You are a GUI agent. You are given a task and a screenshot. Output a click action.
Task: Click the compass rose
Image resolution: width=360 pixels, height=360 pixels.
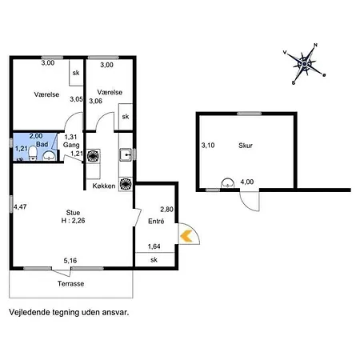tap(305, 63)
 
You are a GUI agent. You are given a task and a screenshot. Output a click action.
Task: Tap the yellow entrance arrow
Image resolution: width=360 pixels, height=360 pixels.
tap(186, 235)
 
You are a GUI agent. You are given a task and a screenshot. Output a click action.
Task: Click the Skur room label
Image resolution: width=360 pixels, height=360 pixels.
tap(245, 146)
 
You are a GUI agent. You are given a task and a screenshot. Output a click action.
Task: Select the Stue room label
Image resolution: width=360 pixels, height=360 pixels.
tap(73, 213)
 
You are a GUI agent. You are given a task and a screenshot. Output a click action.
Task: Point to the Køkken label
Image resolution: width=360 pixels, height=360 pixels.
tap(104, 186)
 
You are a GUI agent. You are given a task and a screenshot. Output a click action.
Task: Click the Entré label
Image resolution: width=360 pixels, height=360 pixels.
tap(156, 220)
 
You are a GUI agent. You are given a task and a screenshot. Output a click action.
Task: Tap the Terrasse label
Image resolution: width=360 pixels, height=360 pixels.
tap(71, 284)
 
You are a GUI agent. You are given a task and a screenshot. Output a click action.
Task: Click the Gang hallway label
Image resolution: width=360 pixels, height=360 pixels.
tap(72, 145)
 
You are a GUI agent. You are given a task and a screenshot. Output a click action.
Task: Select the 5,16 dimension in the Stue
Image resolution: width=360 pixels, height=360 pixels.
tap(71, 260)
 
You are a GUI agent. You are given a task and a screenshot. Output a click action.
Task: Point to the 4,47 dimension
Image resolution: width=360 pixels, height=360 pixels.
tap(19, 208)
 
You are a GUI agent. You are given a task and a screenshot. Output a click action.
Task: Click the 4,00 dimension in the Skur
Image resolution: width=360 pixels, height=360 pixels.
tap(247, 182)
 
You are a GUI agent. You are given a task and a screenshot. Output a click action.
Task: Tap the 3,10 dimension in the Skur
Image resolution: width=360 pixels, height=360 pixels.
tap(207, 145)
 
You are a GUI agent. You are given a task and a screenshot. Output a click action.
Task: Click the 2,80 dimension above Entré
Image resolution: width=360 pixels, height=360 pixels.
tap(166, 208)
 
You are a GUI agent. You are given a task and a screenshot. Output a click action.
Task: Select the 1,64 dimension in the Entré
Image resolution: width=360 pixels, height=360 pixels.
tap(154, 246)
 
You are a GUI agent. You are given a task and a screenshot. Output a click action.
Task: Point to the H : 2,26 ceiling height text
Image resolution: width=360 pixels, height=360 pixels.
tap(73, 222)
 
